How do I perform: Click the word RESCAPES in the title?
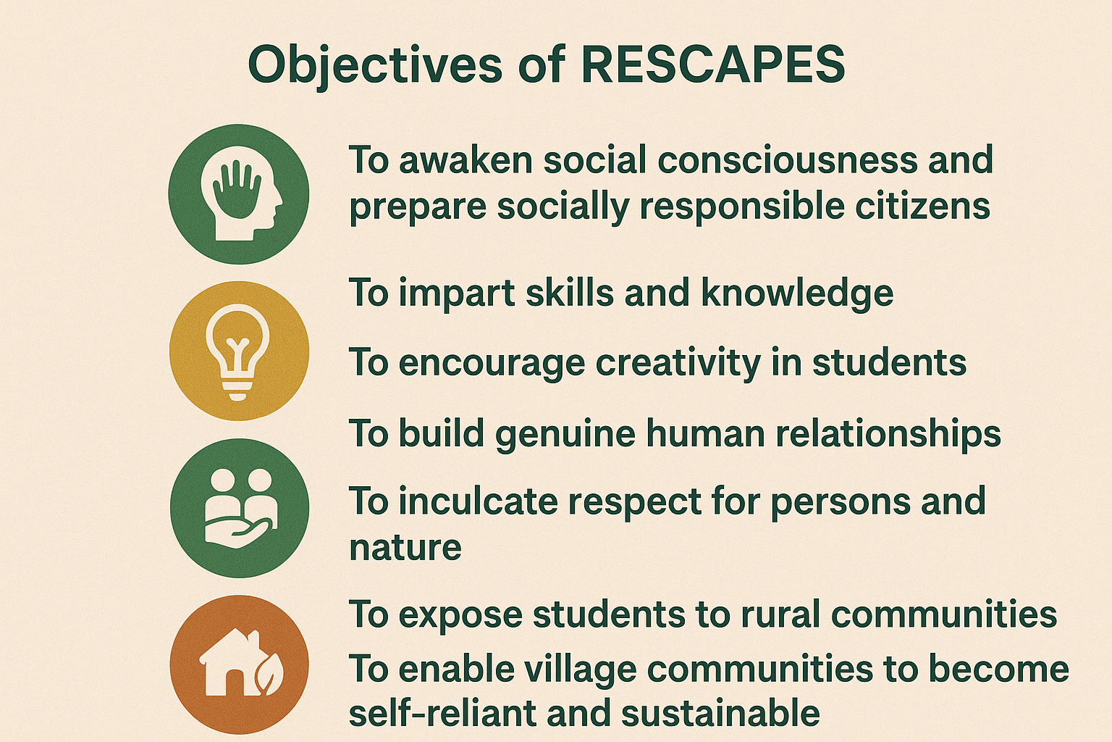point(713,65)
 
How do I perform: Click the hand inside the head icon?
point(237,189)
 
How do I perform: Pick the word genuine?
point(565,435)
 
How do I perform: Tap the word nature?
point(405,548)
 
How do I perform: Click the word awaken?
point(466,160)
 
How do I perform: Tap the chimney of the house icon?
point(253,638)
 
